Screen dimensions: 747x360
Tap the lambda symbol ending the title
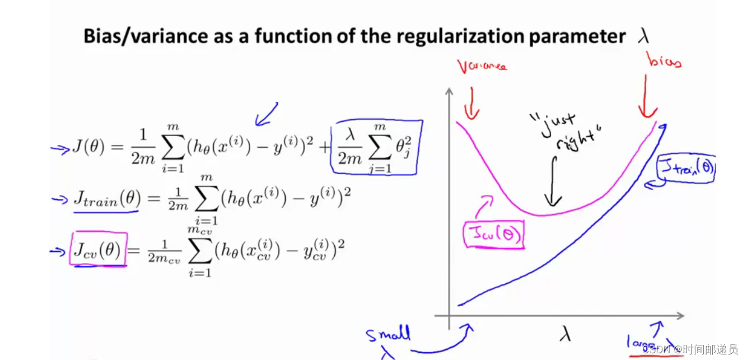[x=643, y=37]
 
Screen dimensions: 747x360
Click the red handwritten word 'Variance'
[x=482, y=66]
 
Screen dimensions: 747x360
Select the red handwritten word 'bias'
[x=664, y=60]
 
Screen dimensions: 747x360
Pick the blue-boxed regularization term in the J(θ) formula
[x=376, y=147]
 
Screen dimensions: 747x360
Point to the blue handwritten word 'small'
[x=389, y=335]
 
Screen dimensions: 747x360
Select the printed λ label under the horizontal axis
[x=565, y=334]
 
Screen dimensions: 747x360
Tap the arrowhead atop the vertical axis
[x=449, y=91]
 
